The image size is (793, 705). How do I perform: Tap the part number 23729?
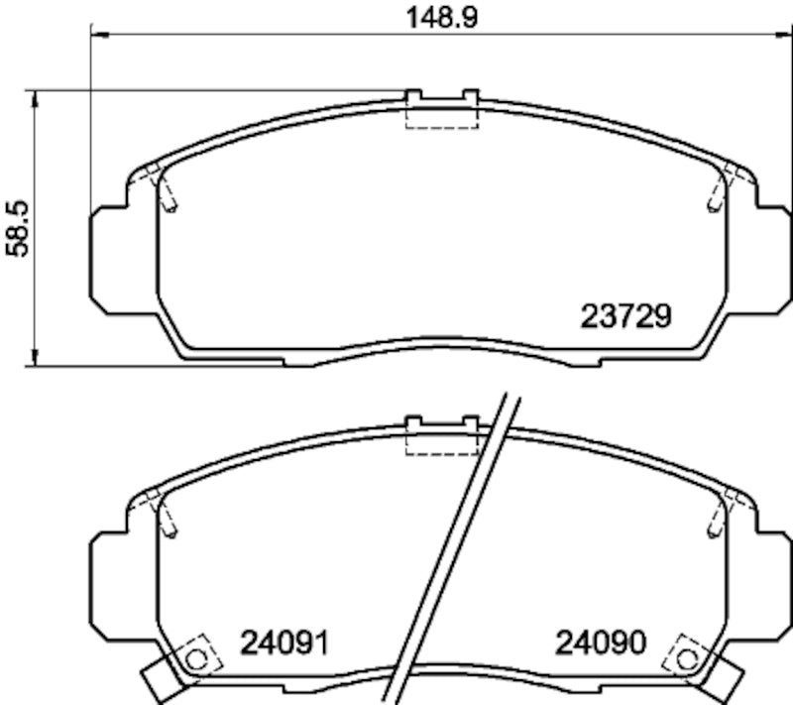(625, 316)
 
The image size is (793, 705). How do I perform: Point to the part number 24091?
(284, 643)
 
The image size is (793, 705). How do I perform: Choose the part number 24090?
(601, 643)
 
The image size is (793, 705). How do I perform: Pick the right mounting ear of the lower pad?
(773, 584)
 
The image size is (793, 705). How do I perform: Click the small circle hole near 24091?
(195, 657)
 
